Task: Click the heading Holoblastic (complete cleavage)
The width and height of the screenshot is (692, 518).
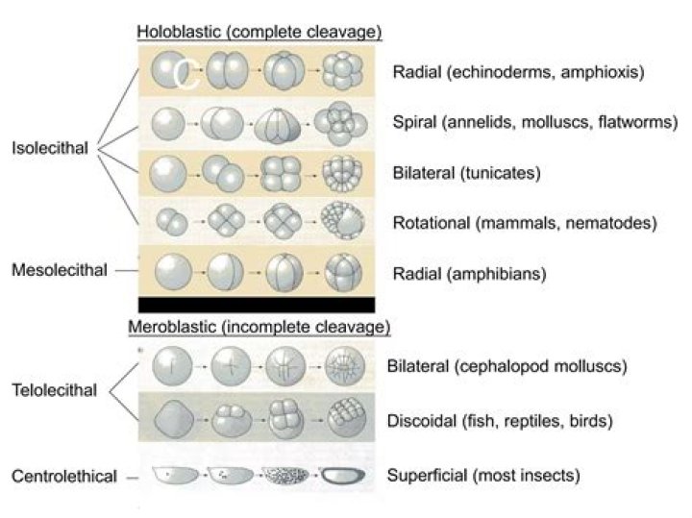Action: click(259, 32)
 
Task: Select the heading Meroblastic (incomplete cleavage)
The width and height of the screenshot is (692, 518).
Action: click(259, 327)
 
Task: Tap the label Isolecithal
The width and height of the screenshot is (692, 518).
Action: click(50, 148)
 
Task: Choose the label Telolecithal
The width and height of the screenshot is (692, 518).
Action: click(55, 390)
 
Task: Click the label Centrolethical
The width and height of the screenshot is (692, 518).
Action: click(63, 476)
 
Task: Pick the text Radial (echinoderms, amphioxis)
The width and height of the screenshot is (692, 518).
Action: click(518, 72)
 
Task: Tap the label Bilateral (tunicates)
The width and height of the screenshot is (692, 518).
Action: click(466, 174)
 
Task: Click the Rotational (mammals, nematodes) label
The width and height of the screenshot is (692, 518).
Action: click(524, 223)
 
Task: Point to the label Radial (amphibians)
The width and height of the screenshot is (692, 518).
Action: click(469, 273)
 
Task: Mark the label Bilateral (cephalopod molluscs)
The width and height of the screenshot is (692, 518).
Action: click(507, 366)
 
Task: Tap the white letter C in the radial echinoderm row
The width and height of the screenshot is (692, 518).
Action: click(187, 75)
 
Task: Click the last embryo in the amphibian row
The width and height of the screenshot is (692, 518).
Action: click(343, 272)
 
